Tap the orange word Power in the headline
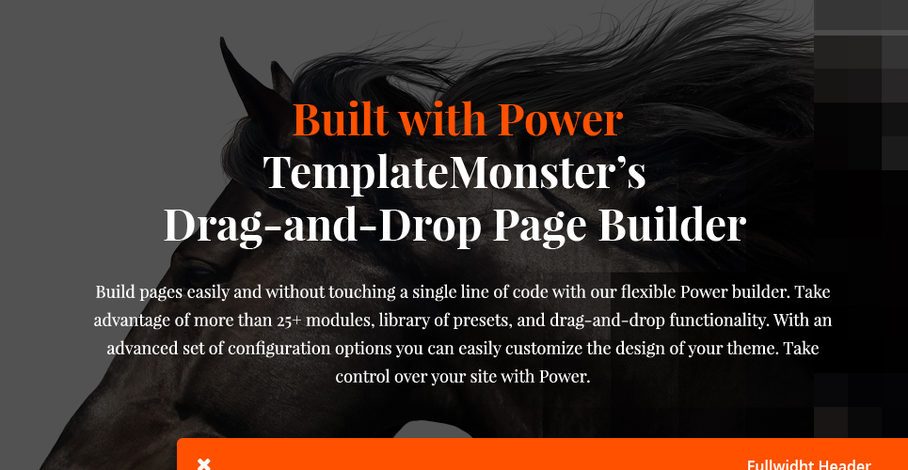[x=561, y=118]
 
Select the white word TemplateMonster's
[x=454, y=172]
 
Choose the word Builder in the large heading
[x=673, y=225]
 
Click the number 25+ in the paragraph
[x=289, y=321]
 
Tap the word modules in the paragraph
[x=336, y=321]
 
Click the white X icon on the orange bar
[x=204, y=463]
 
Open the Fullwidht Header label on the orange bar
[x=808, y=464]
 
